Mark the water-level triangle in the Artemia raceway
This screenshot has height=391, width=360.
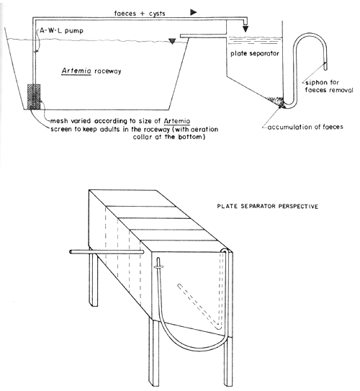pos(170,42)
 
